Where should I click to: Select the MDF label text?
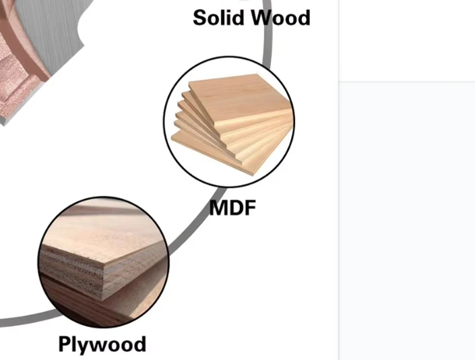pyautogui.click(x=232, y=208)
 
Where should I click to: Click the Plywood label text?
pyautogui.click(x=102, y=344)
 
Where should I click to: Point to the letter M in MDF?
pyautogui.click(x=219, y=208)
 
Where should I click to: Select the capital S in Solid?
pyautogui.click(x=200, y=18)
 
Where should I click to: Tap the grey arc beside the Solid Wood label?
pyautogui.click(x=267, y=33)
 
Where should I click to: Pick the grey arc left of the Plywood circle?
pyautogui.click(x=30, y=320)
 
